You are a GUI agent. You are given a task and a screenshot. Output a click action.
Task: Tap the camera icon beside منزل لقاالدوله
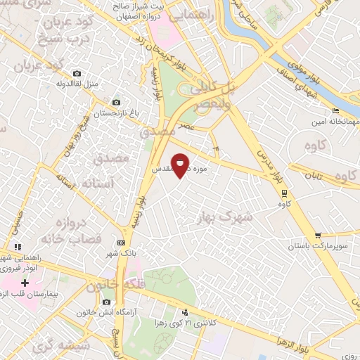tap(77, 74)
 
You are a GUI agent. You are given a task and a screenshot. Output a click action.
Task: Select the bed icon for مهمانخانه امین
tap(336, 110)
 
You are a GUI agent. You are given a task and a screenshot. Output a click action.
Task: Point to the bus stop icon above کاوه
tap(283, 193)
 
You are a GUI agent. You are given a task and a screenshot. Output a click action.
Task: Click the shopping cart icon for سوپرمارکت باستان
tap(319, 236)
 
